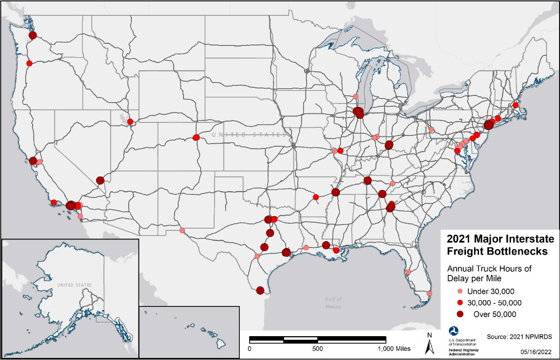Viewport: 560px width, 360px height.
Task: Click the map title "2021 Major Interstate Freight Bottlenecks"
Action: [x=496, y=244]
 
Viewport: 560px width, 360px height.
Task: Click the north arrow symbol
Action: [x=430, y=344]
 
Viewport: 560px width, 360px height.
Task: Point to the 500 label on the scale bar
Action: [x=318, y=349]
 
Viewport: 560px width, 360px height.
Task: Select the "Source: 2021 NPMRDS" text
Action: [x=519, y=337]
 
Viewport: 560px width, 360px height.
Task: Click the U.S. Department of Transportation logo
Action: [x=452, y=332]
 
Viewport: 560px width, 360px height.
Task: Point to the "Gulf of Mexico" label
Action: [x=333, y=302]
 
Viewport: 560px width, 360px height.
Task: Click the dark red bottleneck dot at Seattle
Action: [x=32, y=35]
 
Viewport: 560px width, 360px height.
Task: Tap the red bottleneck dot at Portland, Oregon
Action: [x=29, y=63]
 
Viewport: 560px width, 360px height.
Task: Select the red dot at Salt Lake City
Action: [x=130, y=121]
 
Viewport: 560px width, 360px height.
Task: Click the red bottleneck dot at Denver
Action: [x=196, y=137]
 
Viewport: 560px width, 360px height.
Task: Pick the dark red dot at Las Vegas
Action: [x=100, y=180]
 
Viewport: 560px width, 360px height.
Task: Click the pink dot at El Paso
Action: [x=182, y=230]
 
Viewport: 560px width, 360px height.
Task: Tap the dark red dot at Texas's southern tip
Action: [x=260, y=291]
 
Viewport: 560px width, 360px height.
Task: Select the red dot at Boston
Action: [x=515, y=105]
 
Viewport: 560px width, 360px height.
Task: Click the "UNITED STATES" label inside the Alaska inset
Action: [x=74, y=285]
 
